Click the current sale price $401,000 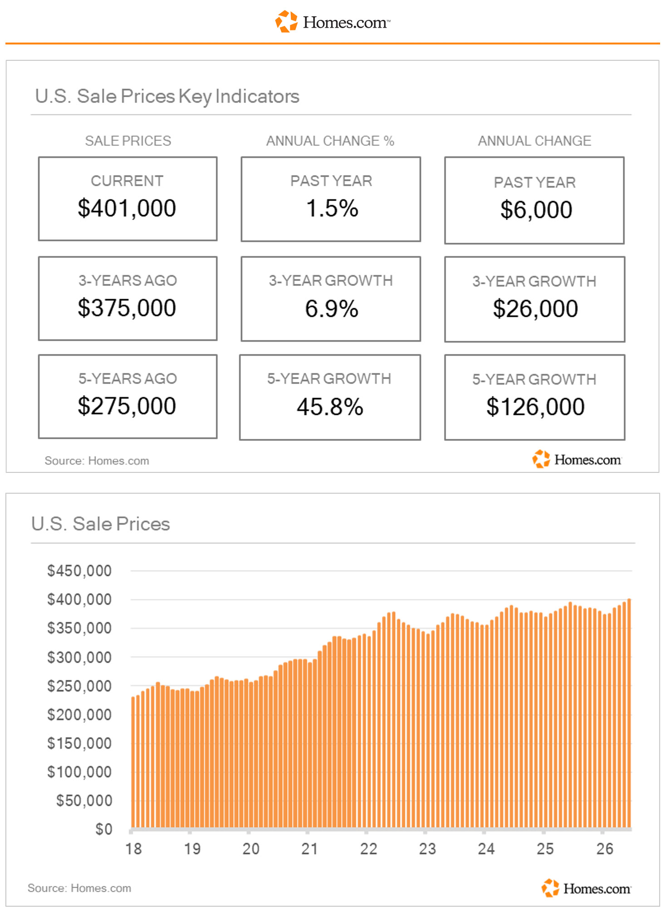tap(127, 208)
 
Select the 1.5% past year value tap(332, 208)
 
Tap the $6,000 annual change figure tap(536, 210)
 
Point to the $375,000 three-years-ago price tap(127, 308)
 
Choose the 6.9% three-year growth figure tap(332, 309)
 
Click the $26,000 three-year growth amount tap(535, 309)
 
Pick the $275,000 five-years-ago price tap(127, 406)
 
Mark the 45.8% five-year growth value tap(330, 407)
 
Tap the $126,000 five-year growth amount tap(535, 407)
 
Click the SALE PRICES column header tap(128, 141)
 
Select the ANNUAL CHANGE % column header tap(330, 141)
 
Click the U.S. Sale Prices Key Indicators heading tap(167, 97)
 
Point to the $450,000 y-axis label tap(79, 571)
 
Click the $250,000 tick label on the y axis tap(79, 686)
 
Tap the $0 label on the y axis tap(104, 829)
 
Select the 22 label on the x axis tap(368, 849)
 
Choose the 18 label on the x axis tap(133, 849)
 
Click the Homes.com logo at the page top tap(333, 22)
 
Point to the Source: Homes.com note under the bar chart tap(79, 888)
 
